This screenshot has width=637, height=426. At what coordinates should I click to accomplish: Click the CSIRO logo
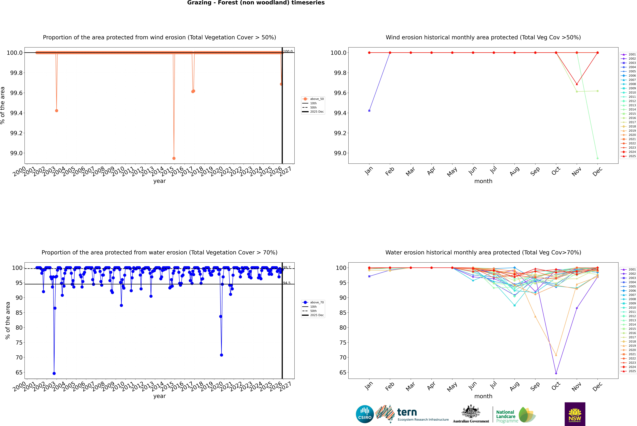365,414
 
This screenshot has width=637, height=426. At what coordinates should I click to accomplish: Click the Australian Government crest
471,412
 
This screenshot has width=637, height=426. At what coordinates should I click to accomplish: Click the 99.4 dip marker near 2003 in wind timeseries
56,111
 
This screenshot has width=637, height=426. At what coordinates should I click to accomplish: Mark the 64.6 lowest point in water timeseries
54,373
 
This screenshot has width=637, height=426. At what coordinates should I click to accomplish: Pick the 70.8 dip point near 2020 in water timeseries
222,355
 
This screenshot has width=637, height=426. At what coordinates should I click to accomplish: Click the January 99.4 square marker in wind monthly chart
369,111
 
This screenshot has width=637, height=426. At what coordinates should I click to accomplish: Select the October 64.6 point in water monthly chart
556,373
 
